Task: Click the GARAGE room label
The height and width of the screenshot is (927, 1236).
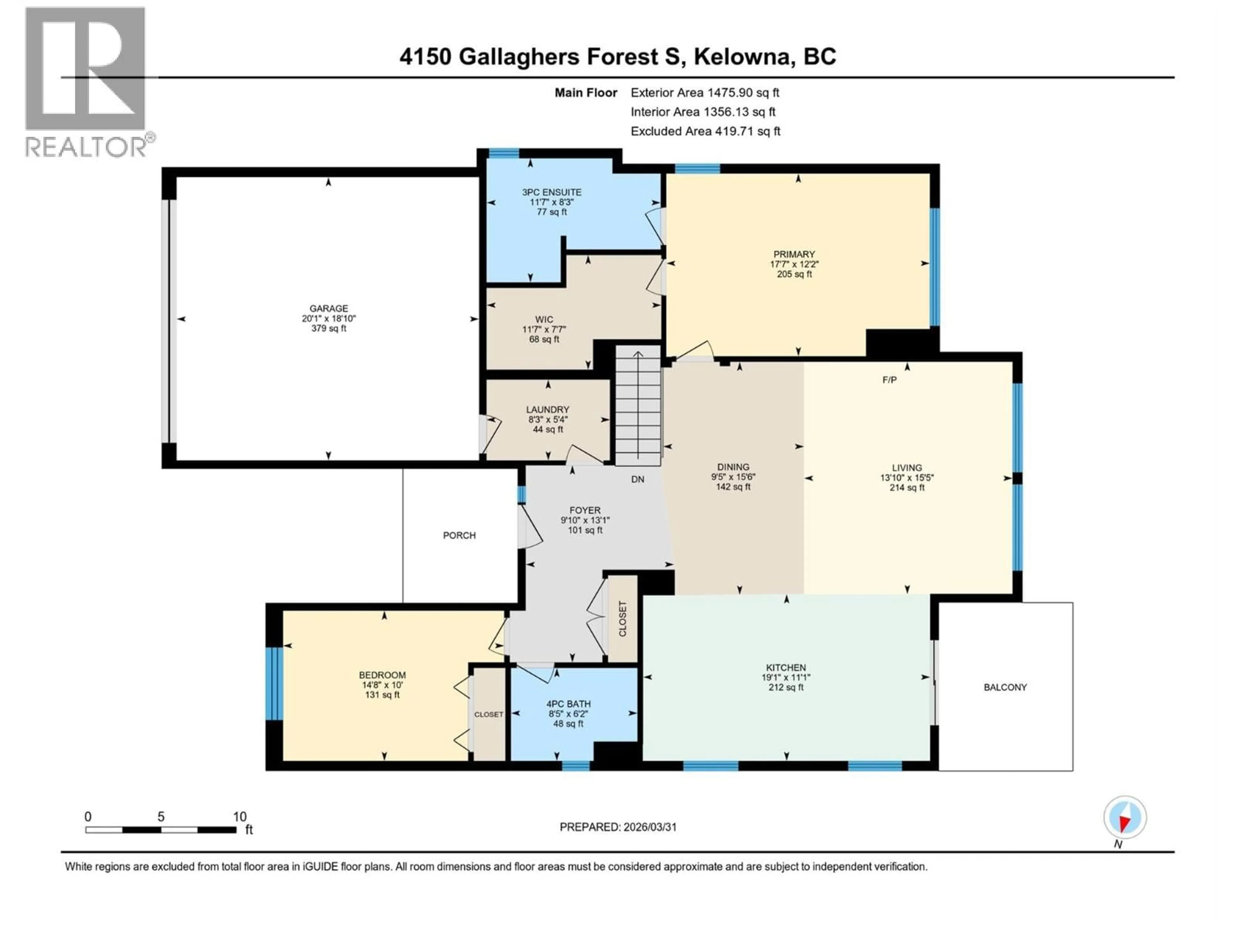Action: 329,308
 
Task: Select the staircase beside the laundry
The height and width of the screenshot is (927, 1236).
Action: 638,405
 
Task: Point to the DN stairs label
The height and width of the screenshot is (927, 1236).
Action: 638,479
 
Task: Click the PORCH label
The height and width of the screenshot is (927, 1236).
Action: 459,535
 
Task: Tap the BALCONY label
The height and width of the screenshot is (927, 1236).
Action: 1005,687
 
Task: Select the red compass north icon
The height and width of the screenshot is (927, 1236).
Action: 1125,818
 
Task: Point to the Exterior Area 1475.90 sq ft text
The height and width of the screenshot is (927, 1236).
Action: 705,93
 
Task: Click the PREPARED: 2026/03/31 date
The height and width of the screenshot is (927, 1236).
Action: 618,827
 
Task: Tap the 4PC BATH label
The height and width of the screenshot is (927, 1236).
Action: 568,704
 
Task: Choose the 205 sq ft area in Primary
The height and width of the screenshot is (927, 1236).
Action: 794,274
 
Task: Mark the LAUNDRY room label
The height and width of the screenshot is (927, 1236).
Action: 548,409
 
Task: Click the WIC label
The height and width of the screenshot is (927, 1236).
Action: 544,320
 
